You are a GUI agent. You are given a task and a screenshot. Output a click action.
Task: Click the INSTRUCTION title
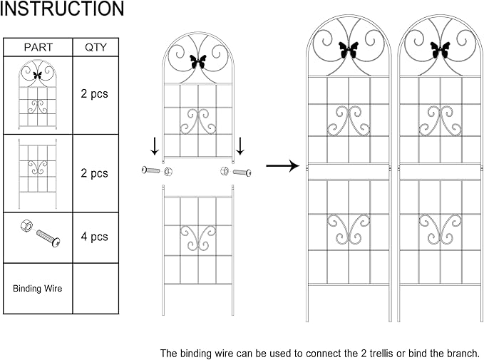[x=62, y=9]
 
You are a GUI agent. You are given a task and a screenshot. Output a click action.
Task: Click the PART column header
[x=38, y=47]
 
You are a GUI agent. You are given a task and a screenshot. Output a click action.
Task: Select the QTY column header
[x=96, y=47]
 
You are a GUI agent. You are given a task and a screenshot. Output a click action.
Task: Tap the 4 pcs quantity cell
[x=95, y=237]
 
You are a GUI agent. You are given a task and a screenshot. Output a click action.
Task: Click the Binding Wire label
[x=37, y=289]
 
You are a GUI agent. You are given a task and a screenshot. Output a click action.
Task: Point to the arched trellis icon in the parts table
[x=38, y=95]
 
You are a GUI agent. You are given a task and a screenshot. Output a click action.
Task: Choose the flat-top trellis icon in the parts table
[x=38, y=173]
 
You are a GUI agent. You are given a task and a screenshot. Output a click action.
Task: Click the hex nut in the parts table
[x=26, y=226]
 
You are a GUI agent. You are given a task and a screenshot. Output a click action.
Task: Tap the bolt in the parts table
[x=48, y=238]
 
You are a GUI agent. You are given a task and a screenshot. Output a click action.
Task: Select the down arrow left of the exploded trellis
[x=155, y=146]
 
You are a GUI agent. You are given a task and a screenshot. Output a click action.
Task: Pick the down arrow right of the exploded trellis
[x=240, y=146]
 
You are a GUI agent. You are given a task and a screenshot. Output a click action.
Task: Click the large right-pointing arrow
[x=283, y=166]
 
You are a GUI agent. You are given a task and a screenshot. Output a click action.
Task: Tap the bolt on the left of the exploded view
[x=151, y=170]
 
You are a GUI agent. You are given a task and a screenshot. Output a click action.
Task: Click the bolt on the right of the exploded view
[x=242, y=172]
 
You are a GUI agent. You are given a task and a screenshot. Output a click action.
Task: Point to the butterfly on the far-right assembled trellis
[x=440, y=50]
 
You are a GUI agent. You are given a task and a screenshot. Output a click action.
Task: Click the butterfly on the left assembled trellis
[x=349, y=50]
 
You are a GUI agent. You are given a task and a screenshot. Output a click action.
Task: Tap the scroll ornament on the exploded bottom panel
[x=198, y=237]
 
